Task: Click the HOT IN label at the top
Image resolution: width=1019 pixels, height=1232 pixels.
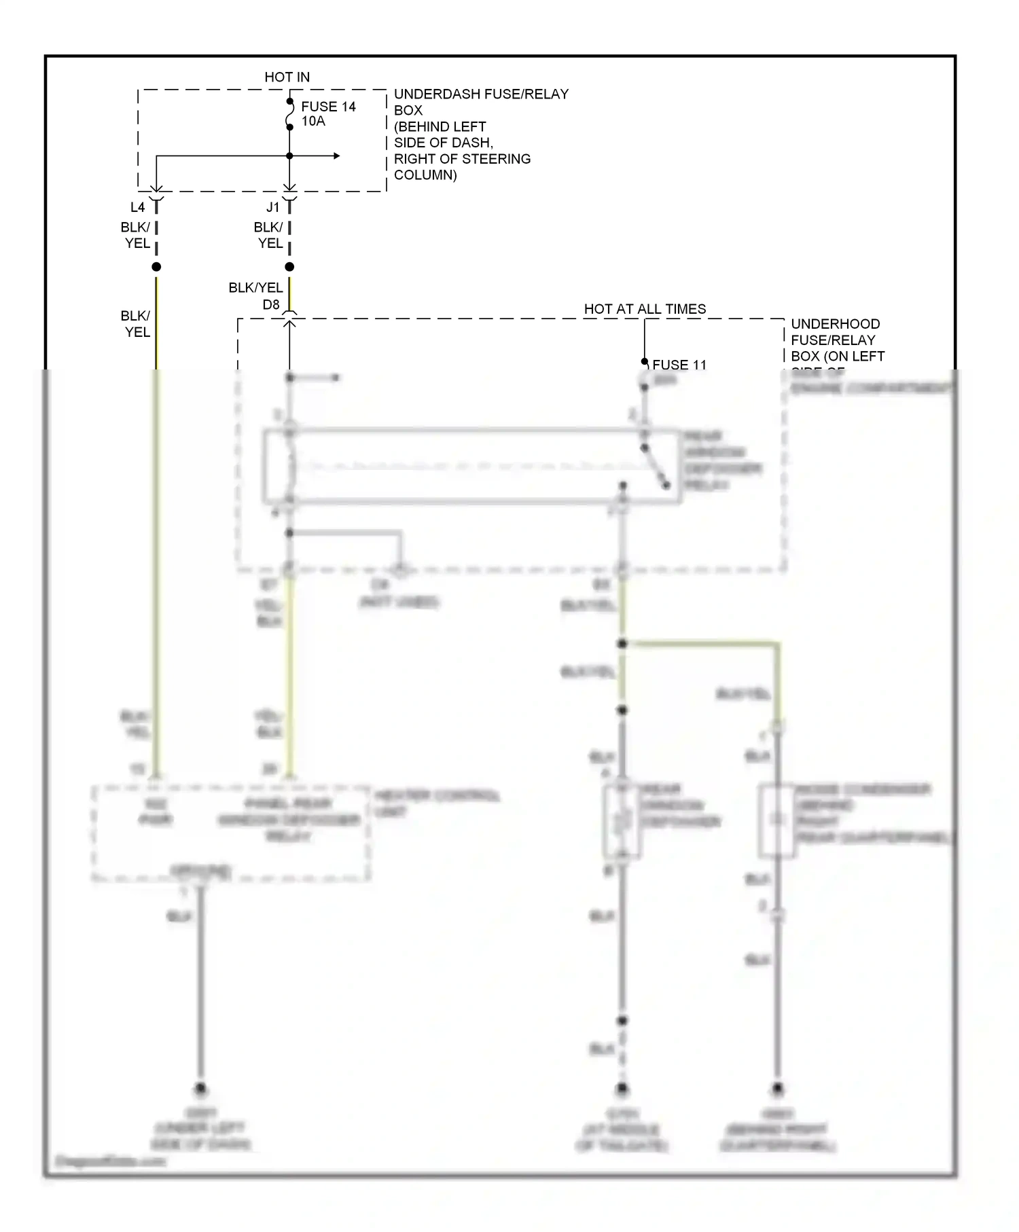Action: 287,77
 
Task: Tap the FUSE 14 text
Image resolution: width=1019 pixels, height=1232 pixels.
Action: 328,107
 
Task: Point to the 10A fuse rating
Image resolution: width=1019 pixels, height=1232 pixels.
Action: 313,122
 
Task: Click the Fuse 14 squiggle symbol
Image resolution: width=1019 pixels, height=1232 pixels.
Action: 289,114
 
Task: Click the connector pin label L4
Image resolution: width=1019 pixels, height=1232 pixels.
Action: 137,207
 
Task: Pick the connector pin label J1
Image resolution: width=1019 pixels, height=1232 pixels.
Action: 272,207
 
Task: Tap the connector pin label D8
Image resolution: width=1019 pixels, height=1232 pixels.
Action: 271,305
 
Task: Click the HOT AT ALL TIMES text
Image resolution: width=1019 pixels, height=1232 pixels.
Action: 645,309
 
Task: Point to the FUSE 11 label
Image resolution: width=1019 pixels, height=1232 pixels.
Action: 679,365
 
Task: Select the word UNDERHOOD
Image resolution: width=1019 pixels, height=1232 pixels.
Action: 835,324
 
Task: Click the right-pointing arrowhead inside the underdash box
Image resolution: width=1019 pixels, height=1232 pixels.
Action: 336,156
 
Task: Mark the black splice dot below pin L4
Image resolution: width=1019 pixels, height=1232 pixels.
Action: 156,267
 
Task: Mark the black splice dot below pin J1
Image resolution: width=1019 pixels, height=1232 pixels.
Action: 289,267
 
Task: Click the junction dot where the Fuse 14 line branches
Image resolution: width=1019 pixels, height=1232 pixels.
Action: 289,156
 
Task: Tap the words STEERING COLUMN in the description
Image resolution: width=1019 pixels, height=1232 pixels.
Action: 461,167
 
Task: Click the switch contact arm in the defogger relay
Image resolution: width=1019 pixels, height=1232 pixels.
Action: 656,467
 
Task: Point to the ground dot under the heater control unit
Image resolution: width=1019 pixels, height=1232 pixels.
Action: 200,1089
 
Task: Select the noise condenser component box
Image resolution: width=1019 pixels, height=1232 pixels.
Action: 776,820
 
